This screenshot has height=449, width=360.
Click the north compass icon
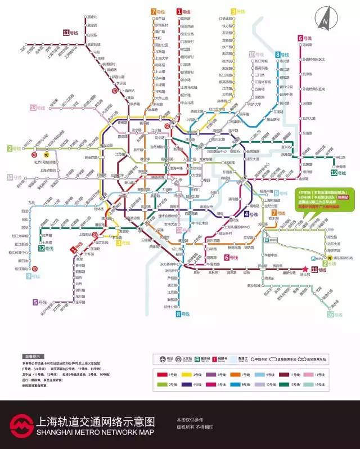326,17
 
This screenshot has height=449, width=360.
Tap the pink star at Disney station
307,270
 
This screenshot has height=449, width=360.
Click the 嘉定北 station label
93,17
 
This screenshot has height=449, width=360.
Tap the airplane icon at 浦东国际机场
329,258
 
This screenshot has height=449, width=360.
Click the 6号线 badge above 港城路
304,38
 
